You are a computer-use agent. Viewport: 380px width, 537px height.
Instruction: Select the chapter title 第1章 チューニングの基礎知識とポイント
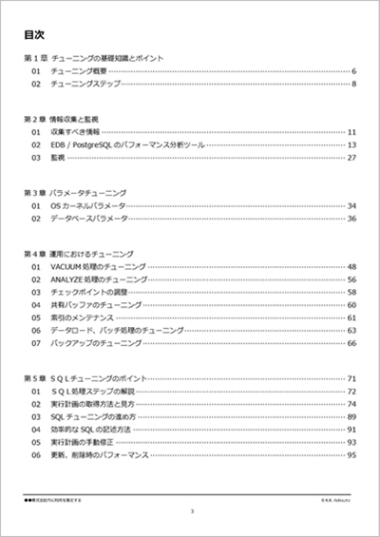coord(94,58)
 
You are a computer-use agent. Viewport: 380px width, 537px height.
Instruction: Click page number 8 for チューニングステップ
coord(353,85)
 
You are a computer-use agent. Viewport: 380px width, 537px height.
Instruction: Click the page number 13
coord(351,144)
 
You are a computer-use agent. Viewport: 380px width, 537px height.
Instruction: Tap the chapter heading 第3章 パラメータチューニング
coord(75,193)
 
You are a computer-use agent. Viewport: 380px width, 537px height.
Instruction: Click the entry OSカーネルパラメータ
coord(87,205)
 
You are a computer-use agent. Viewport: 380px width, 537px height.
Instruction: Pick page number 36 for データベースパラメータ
coord(351,219)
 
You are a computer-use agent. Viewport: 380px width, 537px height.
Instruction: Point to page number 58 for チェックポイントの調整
coord(351,292)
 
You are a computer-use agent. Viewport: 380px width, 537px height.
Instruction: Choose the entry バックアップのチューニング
coord(96,342)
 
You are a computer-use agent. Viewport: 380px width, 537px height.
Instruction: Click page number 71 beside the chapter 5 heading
coord(351,378)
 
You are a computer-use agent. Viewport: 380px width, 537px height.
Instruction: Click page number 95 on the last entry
coord(351,455)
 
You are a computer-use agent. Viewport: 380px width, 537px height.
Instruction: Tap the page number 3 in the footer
coord(191,511)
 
